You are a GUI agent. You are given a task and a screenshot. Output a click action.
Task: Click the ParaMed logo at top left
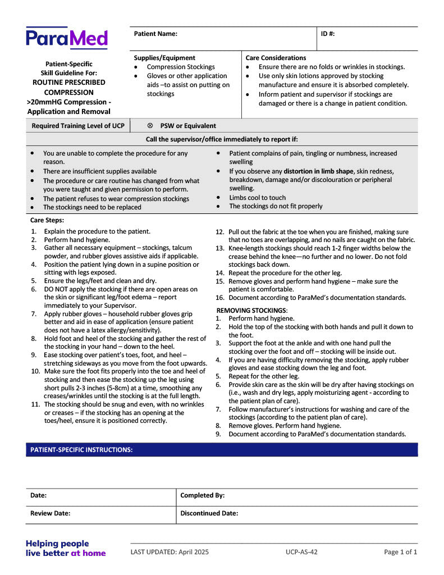tap(66, 38)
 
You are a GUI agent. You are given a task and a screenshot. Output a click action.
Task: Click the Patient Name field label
tap(155, 34)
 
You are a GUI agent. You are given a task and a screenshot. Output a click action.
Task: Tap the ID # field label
tap(328, 34)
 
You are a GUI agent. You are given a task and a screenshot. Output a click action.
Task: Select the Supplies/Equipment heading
tap(164, 58)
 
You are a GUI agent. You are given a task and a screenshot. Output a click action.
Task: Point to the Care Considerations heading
tap(276, 58)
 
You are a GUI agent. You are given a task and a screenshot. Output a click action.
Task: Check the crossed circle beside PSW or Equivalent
tap(150, 126)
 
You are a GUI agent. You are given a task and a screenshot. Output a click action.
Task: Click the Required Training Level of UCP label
tap(78, 126)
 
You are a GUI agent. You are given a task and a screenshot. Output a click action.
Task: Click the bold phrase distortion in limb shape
tap(319, 171)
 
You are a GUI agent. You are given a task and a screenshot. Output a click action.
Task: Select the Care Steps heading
tap(47, 220)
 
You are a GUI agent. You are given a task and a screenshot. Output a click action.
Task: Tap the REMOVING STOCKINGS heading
tap(252, 310)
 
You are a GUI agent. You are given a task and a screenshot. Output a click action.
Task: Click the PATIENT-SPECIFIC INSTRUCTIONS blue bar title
tap(81, 450)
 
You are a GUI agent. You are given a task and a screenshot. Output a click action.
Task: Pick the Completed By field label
tap(203, 495)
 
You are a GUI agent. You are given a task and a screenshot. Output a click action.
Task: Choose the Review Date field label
tap(50, 513)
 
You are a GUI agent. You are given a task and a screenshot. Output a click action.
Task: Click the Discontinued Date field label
tap(209, 513)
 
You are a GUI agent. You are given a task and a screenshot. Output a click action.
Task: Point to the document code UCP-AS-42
tap(301, 552)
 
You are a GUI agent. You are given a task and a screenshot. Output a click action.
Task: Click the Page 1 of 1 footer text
tap(400, 552)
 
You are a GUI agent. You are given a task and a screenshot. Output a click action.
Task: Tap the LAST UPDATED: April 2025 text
tap(170, 552)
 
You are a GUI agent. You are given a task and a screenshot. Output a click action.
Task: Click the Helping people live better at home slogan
tap(66, 548)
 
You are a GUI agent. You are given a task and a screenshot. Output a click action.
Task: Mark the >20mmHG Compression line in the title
tap(68, 102)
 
